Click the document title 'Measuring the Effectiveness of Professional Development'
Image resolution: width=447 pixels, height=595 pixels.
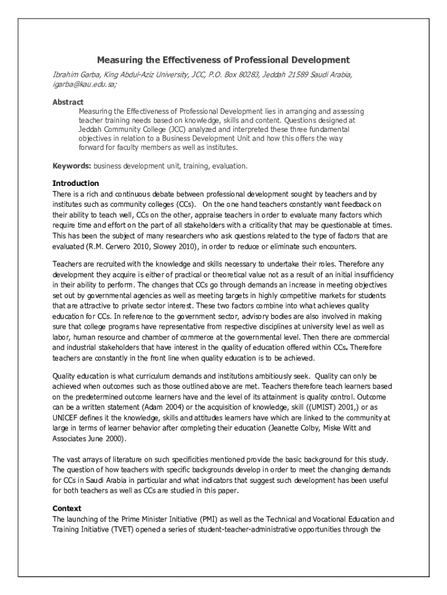pos(223,60)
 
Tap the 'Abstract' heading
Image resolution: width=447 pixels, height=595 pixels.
pos(68,102)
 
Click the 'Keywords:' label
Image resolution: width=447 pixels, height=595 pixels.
pos(72,166)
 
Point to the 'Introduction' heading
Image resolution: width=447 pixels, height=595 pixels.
pos(75,184)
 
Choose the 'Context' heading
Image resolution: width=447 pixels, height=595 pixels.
pos(67,508)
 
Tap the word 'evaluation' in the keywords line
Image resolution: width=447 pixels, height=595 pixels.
pos(231,166)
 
